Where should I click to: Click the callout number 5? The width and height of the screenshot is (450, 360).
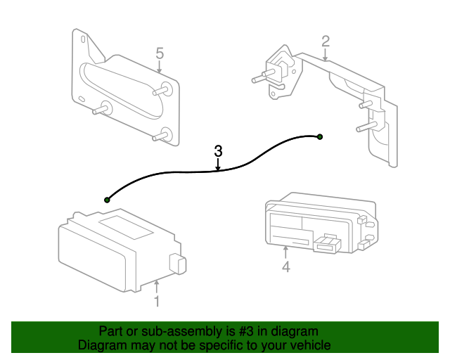coord(160,53)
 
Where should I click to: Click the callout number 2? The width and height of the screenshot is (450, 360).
coord(326,41)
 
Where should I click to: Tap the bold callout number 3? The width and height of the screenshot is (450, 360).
coord(218,151)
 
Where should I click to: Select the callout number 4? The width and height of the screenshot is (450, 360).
coord(286,266)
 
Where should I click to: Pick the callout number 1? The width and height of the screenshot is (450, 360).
coord(157,302)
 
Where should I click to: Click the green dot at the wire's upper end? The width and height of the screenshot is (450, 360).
coord(320,137)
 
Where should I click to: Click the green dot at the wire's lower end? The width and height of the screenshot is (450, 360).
coord(107,200)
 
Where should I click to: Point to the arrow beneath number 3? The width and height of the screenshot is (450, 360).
coord(218,165)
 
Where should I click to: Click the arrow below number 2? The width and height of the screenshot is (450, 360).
coord(325,55)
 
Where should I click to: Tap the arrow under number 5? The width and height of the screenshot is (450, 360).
coord(160,67)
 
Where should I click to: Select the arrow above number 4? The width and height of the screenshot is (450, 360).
coord(285,252)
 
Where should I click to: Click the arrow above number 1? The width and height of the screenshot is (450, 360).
coord(156,287)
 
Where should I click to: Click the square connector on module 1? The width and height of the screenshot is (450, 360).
coord(178,263)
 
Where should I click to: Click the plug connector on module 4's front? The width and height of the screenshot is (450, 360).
coord(327,244)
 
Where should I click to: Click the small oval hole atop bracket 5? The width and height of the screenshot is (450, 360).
coord(84,39)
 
